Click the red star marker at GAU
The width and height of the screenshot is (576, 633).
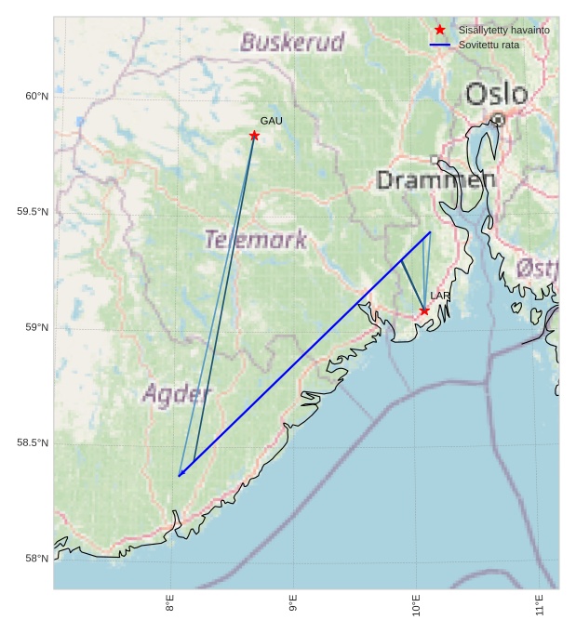tap(254, 136)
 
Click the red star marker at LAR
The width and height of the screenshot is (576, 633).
tap(424, 310)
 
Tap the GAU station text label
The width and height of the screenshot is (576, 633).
tap(271, 121)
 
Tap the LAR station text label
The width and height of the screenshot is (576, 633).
tap(440, 296)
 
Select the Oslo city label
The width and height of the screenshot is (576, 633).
tap(496, 94)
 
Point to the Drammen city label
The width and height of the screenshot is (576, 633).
tap(435, 180)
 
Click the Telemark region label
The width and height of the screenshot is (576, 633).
tap(255, 240)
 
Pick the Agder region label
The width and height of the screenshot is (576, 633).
tap(177, 394)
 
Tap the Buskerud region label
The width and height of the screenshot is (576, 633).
tap(292, 42)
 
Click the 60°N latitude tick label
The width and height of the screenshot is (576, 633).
tap(35, 96)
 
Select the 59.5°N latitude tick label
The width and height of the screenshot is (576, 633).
tap(32, 212)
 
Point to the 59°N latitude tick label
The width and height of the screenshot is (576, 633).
tap(35, 327)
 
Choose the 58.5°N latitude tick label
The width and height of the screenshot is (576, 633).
tap(32, 442)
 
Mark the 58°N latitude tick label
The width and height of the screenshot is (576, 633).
tap(35, 559)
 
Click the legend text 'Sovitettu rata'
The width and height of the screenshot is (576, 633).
tap(489, 45)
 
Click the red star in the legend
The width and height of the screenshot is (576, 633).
tap(440, 30)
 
